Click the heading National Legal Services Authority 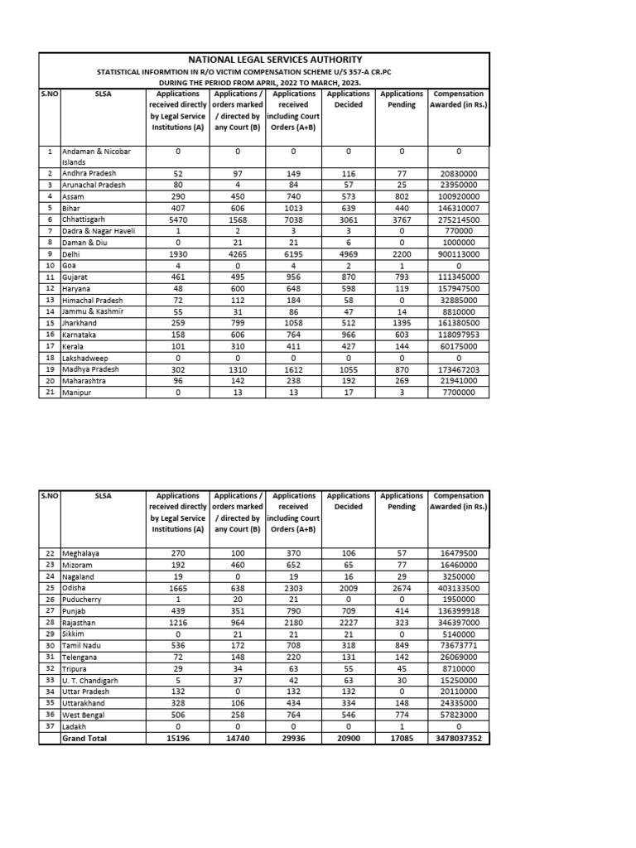[263, 60]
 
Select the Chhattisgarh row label [84, 219]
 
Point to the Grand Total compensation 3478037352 [459, 739]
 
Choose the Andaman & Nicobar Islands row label [91, 157]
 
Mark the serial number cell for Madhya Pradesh [50, 369]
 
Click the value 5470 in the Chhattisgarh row [178, 219]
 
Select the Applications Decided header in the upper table [348, 99]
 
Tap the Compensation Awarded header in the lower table [459, 501]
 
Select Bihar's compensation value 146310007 [459, 209]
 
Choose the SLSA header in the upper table [102, 94]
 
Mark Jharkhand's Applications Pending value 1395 [402, 322]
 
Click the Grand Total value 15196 [178, 739]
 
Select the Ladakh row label [75, 727]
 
